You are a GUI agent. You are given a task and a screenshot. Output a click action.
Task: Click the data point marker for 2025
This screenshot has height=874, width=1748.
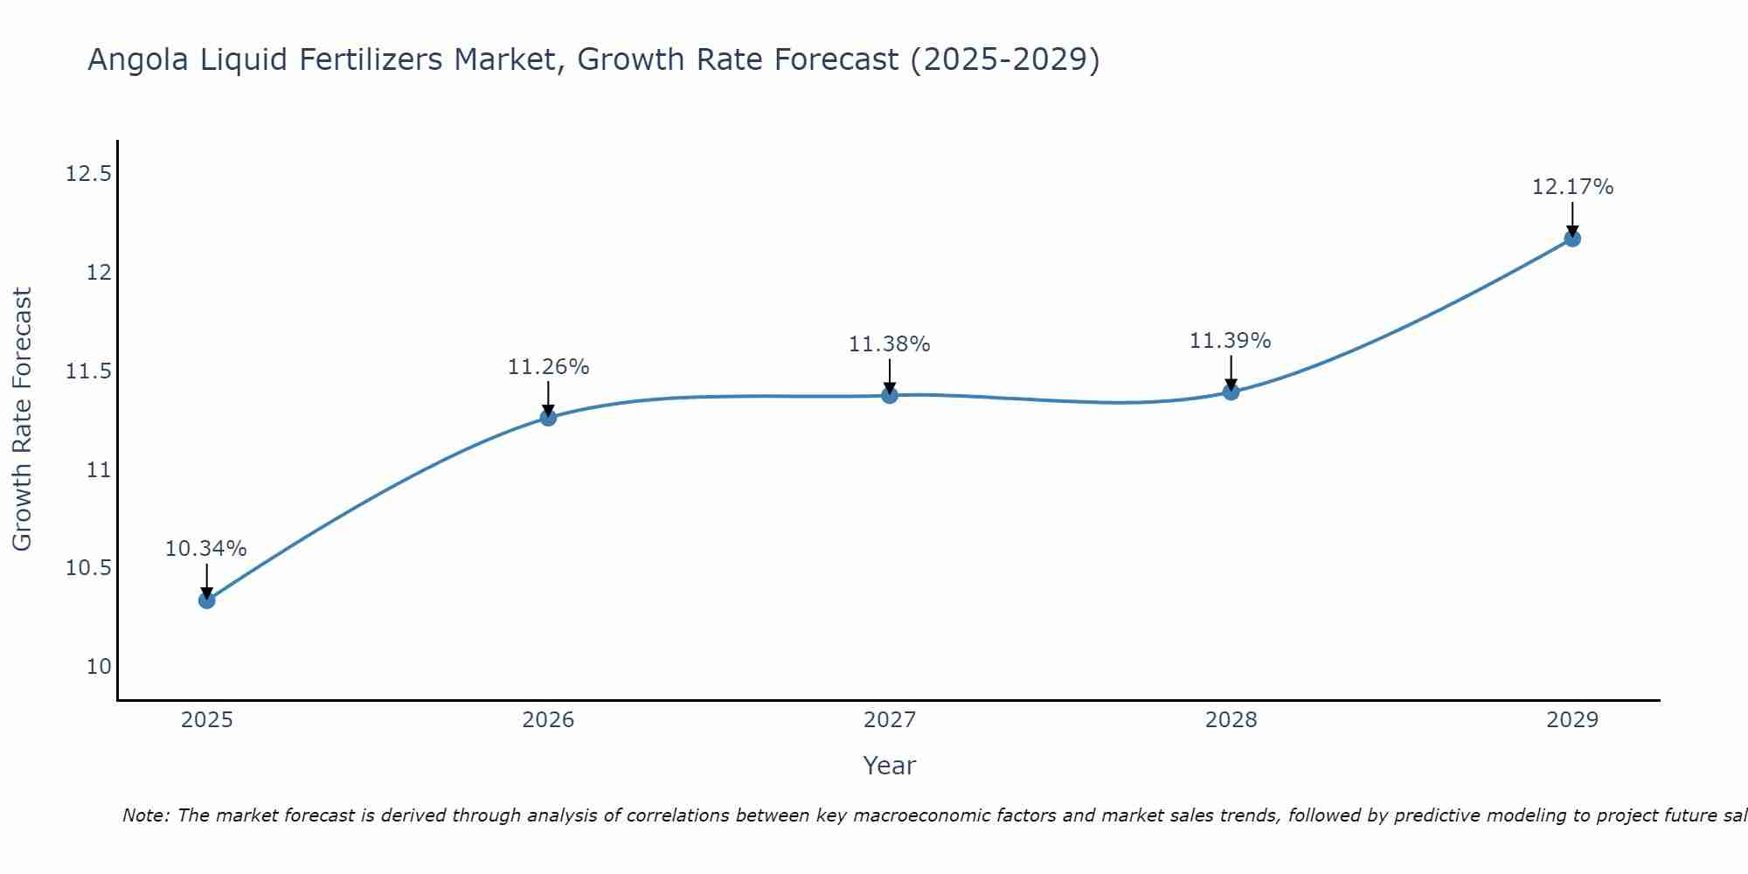pyautogui.click(x=207, y=600)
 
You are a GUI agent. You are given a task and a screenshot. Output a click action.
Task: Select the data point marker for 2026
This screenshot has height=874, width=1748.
pyautogui.click(x=548, y=418)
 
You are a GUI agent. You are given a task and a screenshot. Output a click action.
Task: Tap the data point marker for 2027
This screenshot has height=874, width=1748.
pyautogui.click(x=890, y=395)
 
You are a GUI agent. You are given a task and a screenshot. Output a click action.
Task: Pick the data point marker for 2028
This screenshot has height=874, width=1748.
pyautogui.click(x=1231, y=392)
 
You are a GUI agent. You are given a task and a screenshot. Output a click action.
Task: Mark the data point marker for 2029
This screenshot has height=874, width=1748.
pyautogui.click(x=1572, y=239)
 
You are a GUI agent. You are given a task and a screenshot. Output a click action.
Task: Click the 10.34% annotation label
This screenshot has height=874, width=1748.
pyautogui.click(x=206, y=549)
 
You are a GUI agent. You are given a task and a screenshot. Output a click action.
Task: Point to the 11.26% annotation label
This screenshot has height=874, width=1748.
pyautogui.click(x=548, y=367)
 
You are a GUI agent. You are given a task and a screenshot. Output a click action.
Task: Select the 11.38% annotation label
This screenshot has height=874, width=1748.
pyautogui.click(x=890, y=344)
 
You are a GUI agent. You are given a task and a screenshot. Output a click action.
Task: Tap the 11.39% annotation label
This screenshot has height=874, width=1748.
pyautogui.click(x=1231, y=341)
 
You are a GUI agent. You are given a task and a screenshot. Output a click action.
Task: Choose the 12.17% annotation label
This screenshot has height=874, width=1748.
pyautogui.click(x=1572, y=187)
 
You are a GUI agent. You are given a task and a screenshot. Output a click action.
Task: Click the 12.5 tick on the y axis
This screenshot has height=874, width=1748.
pyautogui.click(x=89, y=174)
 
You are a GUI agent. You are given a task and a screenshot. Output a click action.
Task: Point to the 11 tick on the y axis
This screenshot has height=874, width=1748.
pyautogui.click(x=100, y=470)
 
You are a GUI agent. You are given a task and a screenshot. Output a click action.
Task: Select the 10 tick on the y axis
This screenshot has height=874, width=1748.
pyautogui.click(x=100, y=667)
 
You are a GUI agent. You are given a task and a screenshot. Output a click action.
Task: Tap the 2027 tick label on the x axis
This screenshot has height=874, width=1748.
pyautogui.click(x=890, y=720)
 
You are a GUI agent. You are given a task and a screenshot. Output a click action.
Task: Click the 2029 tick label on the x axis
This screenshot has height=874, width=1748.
pyautogui.click(x=1572, y=720)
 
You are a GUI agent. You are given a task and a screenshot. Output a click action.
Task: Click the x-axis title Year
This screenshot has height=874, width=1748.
pyautogui.click(x=890, y=766)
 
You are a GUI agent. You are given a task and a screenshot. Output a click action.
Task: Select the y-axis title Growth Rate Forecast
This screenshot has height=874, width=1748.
pyautogui.click(x=23, y=420)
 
